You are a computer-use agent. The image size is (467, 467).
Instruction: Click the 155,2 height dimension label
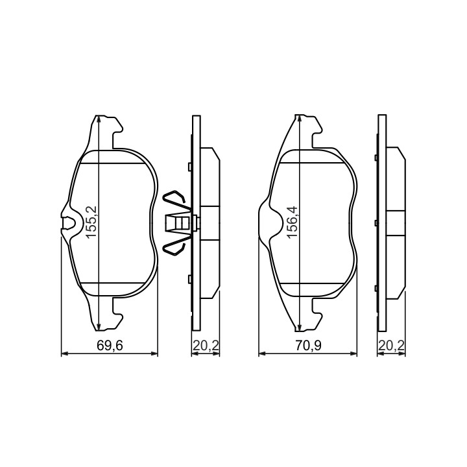click(92, 222)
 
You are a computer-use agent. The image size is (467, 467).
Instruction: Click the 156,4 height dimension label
click(293, 222)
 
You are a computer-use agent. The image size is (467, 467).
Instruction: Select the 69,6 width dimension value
click(110, 346)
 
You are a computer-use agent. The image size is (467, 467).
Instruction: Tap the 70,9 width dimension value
click(308, 346)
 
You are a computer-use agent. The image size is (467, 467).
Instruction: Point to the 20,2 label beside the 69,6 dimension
click(206, 346)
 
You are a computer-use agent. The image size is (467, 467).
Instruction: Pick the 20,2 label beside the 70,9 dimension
click(391, 346)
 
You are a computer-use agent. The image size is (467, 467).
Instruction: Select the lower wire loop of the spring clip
click(176, 245)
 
